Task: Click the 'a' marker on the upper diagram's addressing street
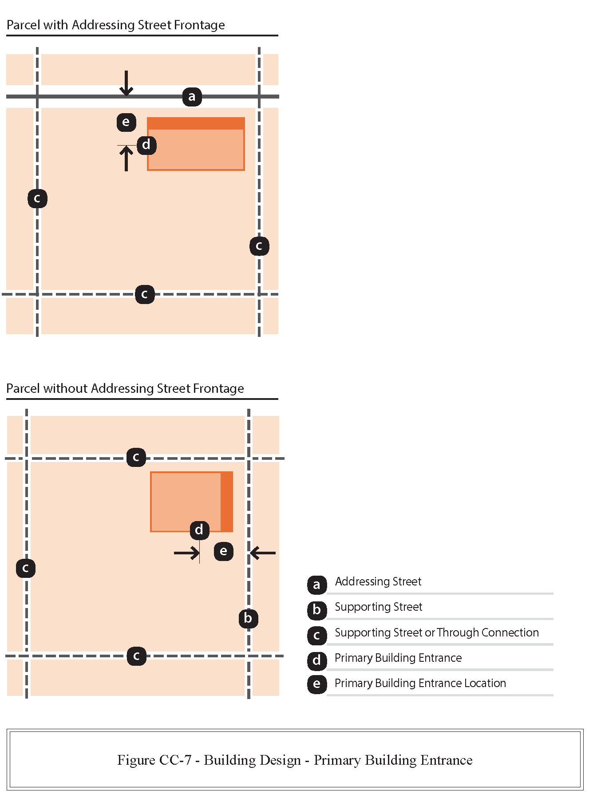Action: [192, 97]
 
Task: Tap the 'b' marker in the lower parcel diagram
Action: [248, 618]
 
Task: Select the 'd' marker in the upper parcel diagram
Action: [146, 145]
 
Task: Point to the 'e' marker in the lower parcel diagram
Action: [223, 551]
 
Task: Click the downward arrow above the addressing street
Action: [127, 83]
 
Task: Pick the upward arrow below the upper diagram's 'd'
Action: [127, 158]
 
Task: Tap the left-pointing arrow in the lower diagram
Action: [263, 553]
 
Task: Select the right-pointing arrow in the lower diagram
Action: [186, 553]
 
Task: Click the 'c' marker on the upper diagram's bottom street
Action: [145, 294]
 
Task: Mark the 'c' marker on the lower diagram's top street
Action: [136, 457]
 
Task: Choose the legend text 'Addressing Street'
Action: [378, 581]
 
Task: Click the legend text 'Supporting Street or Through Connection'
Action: [436, 632]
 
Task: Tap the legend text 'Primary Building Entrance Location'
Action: [420, 683]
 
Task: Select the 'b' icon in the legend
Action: [316, 610]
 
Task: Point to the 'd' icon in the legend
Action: [316, 660]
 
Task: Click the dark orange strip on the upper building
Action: [196, 123]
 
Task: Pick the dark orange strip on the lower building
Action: [227, 502]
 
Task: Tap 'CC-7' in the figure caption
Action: [175, 760]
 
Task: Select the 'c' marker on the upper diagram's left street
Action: [37, 198]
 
